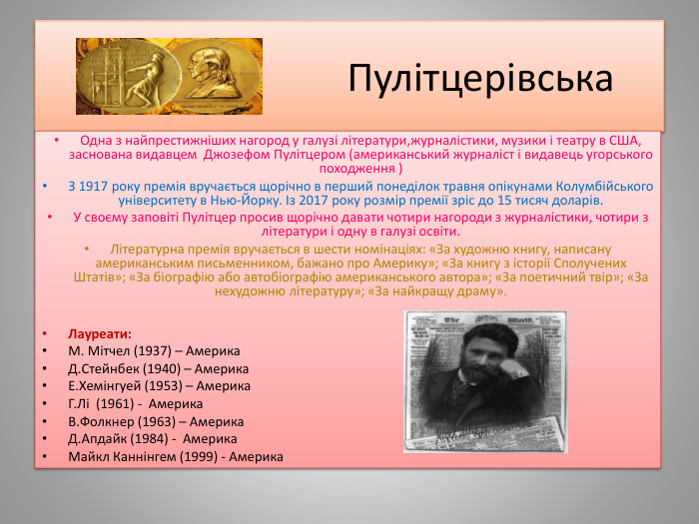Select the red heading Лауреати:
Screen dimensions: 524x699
pos(100,333)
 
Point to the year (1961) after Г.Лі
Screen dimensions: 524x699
pos(119,403)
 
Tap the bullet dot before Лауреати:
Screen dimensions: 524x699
pos(44,334)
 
